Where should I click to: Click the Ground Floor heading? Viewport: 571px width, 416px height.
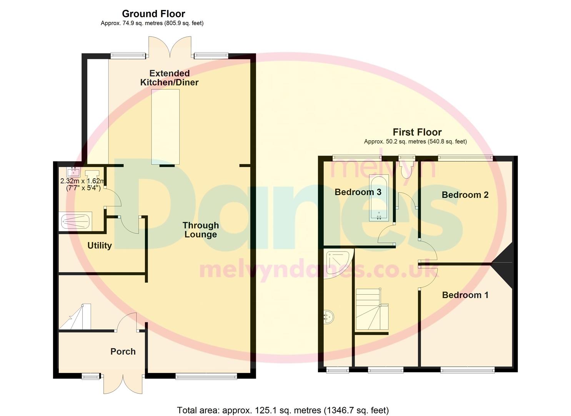coord(153,14)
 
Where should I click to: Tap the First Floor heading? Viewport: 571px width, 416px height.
coord(417,133)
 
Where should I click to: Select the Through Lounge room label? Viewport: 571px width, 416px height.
coord(201,230)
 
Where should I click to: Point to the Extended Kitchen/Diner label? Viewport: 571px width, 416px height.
coord(169,78)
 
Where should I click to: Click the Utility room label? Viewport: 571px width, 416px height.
coord(100,246)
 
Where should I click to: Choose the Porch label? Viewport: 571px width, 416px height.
coord(123,352)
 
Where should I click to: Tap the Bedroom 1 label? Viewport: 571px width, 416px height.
coord(465,295)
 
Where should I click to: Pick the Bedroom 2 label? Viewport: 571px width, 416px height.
coord(465,195)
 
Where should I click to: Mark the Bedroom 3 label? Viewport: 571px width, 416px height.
coord(358,192)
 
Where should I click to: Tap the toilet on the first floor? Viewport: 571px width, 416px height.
coord(406,168)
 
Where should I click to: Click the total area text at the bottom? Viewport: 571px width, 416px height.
coord(283,410)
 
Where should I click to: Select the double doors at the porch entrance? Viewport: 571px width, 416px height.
coord(123,384)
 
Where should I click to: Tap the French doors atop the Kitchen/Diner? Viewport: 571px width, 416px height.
coord(170,47)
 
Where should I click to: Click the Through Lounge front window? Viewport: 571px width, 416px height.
coord(206,376)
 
